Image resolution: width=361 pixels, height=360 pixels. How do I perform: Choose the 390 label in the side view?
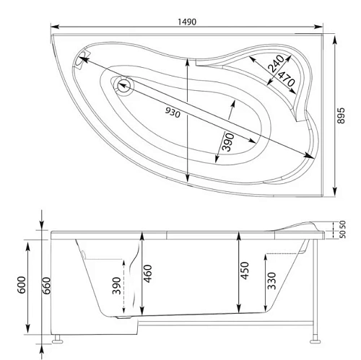[x=118, y=287]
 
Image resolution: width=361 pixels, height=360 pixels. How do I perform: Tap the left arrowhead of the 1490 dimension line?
[x=54, y=31]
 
